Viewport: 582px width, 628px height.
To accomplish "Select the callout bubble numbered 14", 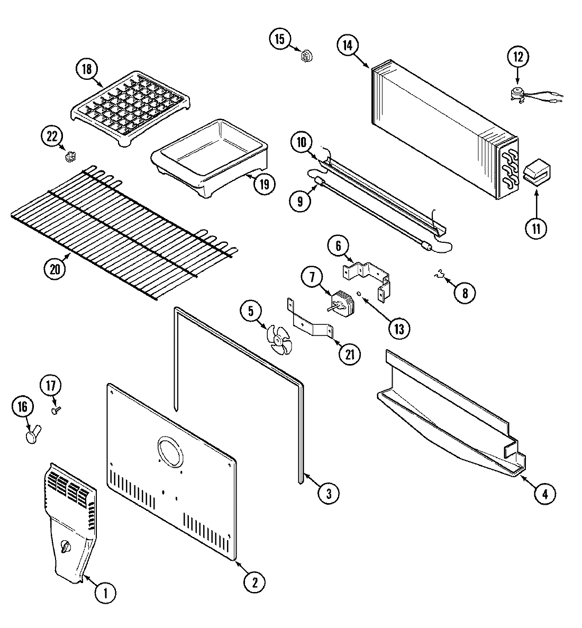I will (347, 45).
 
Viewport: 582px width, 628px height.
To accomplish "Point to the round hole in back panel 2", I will (169, 451).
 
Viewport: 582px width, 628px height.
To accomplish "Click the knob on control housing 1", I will (66, 547).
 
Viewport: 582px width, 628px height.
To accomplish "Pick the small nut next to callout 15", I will (305, 54).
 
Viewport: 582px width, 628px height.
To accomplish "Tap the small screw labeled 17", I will (55, 409).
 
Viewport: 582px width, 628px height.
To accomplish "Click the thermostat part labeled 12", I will (516, 94).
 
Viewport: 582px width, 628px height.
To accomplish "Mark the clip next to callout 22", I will (68, 157).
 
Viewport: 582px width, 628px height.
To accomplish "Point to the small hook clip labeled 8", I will (439, 274).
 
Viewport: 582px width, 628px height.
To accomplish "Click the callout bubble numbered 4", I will (544, 494).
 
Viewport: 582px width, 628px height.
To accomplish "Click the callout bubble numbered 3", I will (328, 494).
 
